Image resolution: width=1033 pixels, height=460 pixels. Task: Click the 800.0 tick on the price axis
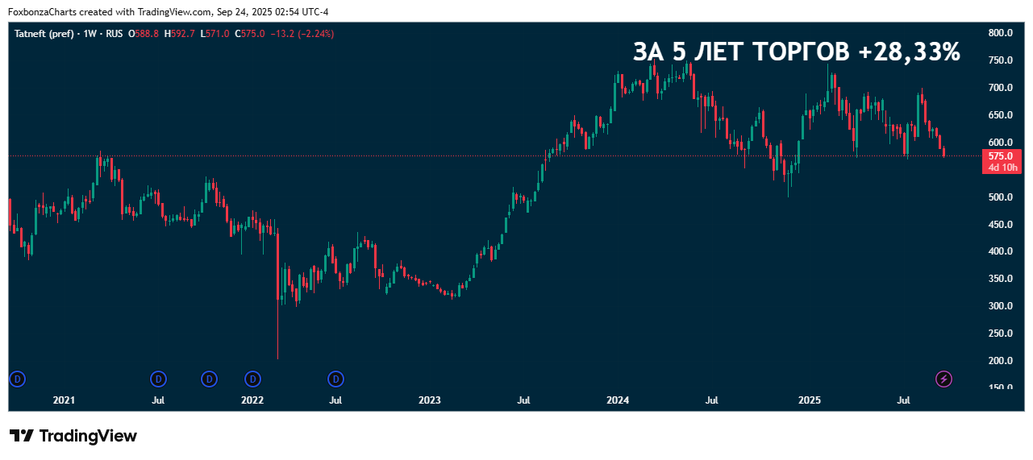(x=1000, y=33)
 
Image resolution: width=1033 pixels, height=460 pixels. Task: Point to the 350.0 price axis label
(x=1000, y=279)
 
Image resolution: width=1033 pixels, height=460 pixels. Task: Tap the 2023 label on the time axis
(x=430, y=400)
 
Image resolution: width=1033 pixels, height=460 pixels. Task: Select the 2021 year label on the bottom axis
(x=64, y=400)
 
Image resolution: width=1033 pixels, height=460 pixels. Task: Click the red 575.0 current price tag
(x=1001, y=156)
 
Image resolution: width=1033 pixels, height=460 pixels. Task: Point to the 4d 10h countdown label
(x=1001, y=168)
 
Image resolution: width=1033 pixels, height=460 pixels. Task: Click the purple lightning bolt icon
(x=943, y=379)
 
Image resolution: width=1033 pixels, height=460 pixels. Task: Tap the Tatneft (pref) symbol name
(x=45, y=34)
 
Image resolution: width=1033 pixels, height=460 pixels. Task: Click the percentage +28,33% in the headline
(x=909, y=52)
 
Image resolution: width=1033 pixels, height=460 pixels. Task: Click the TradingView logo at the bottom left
(x=73, y=436)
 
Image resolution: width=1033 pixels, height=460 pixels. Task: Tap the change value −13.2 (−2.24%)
(x=302, y=34)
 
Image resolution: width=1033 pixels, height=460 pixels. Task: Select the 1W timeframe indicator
(x=90, y=34)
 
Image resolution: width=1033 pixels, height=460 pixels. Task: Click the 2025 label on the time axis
(x=810, y=400)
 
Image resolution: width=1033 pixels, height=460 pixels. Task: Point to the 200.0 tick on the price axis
(x=1000, y=361)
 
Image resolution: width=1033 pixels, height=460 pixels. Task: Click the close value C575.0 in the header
(x=250, y=34)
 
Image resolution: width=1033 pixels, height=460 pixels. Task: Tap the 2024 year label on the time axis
(x=618, y=400)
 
